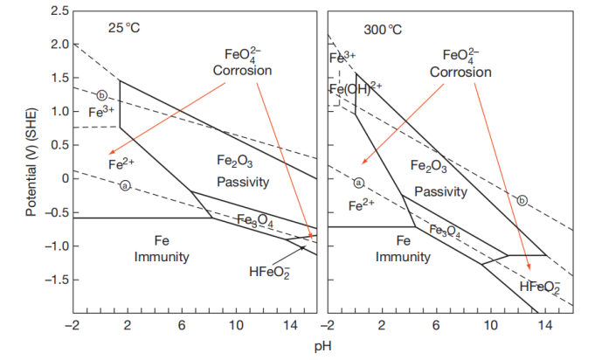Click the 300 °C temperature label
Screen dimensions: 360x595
(x=381, y=28)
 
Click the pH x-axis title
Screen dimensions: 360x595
(x=324, y=346)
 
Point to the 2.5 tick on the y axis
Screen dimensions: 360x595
(x=58, y=10)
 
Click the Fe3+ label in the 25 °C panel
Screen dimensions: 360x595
(x=102, y=112)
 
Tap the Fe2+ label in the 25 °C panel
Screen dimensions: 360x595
(x=121, y=163)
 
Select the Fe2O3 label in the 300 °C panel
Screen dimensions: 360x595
(x=427, y=166)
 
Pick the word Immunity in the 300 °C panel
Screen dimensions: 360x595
(x=403, y=257)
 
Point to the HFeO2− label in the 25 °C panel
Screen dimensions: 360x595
(x=269, y=271)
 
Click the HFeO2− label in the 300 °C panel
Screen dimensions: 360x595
(x=539, y=287)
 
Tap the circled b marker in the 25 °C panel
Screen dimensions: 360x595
(x=102, y=95)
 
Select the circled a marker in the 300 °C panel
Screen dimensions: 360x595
(x=357, y=183)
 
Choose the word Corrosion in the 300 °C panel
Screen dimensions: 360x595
(x=460, y=72)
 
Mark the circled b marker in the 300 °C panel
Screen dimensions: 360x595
(x=522, y=200)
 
